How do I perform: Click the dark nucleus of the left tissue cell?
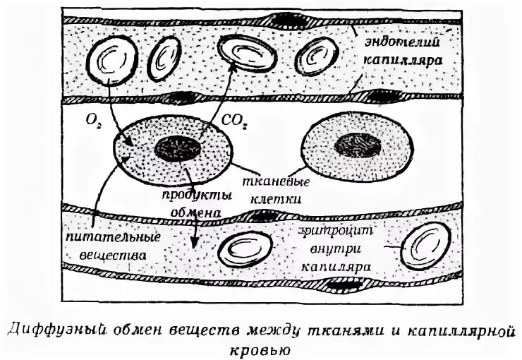pyautogui.click(x=177, y=148)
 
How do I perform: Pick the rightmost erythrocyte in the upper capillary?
pyautogui.click(x=318, y=56)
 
